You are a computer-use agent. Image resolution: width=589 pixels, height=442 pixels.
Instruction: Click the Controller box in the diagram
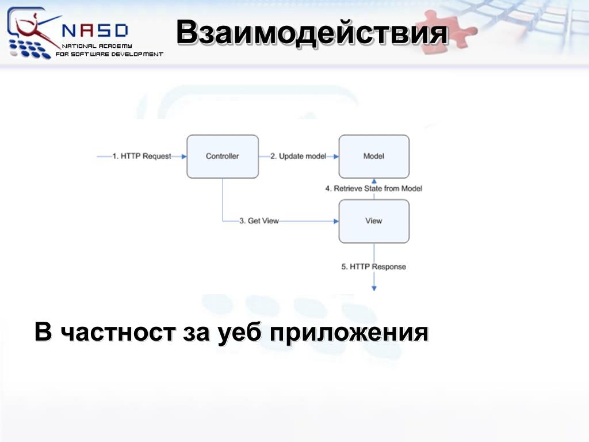[x=223, y=157]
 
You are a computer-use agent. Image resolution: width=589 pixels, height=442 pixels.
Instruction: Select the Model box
[x=374, y=157]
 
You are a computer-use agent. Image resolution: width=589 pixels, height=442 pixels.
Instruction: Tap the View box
[x=374, y=221]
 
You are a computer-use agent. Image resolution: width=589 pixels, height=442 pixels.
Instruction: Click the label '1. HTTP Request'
[x=141, y=156]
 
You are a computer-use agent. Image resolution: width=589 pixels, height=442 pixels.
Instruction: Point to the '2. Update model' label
[x=298, y=156]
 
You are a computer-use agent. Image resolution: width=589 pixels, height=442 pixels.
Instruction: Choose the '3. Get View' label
[x=259, y=221]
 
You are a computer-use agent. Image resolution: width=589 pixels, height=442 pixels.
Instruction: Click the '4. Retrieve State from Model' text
[x=374, y=188]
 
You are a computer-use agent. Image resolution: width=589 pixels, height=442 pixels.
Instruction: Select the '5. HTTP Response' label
[x=374, y=266]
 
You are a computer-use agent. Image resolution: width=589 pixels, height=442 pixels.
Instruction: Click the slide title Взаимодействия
[x=312, y=32]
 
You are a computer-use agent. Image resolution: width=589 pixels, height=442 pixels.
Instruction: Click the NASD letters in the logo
[x=94, y=30]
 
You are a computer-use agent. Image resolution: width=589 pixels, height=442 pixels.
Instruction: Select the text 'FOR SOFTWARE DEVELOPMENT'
[x=109, y=54]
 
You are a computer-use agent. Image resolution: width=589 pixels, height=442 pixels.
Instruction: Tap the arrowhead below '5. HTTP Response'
[x=374, y=288]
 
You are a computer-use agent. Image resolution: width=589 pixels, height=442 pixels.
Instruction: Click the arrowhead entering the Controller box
[x=183, y=156]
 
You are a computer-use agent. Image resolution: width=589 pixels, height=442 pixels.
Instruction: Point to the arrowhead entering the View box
[x=335, y=221]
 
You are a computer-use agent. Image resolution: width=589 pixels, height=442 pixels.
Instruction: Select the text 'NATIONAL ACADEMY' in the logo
[x=97, y=46]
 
